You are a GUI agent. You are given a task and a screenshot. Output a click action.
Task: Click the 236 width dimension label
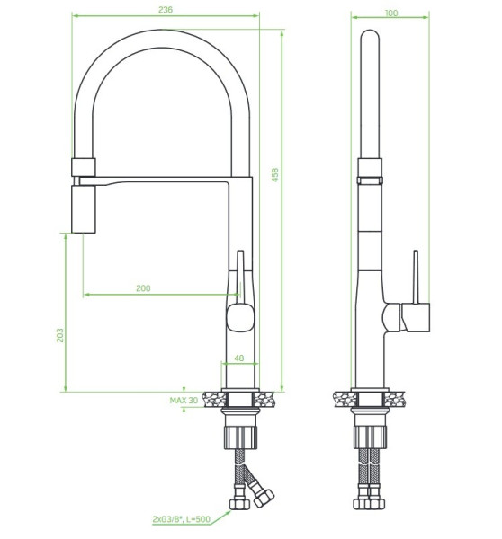point(166,10)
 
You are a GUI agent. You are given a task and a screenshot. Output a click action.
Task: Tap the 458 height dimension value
point(275,174)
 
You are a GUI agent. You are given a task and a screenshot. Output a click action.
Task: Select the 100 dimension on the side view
point(391,13)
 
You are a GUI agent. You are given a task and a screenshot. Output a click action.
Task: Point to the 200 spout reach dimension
point(143,288)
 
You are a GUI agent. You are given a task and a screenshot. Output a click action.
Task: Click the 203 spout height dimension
point(60,335)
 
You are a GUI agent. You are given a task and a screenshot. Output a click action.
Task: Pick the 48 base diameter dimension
point(239,358)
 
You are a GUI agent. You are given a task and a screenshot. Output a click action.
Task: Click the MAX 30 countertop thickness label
point(184,401)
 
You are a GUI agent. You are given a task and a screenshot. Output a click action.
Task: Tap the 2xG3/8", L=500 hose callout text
point(181,519)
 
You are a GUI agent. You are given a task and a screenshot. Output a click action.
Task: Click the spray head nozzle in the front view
point(84,209)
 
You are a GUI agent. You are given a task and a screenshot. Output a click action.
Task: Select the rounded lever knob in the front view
point(241,318)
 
